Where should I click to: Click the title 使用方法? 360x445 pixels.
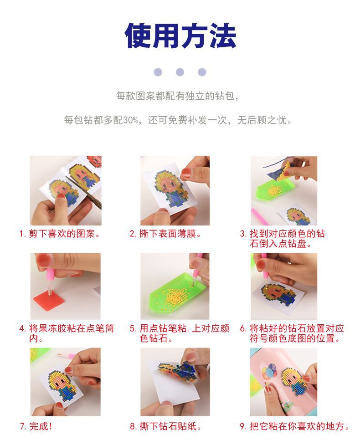click(180, 36)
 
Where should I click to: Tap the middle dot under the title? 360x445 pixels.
click(180, 72)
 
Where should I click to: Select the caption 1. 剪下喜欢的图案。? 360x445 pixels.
click(59, 234)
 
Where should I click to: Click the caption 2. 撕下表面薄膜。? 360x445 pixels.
click(165, 234)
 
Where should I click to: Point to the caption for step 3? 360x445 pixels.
click(283, 239)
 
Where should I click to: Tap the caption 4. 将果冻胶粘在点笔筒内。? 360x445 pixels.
click(66, 333)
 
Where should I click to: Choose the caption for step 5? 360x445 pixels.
click(179, 333)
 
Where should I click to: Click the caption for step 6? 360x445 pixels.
click(292, 333)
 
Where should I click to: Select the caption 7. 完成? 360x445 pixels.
click(36, 427)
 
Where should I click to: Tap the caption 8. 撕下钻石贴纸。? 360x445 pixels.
click(165, 427)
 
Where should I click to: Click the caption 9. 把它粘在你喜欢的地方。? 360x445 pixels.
click(294, 427)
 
